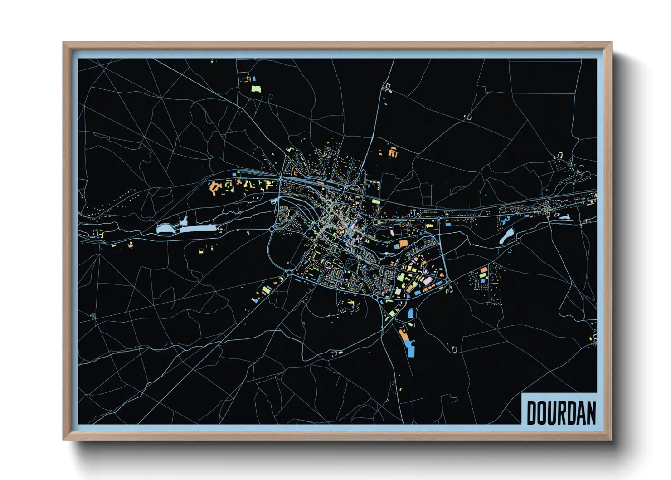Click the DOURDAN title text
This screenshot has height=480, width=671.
coord(561,412)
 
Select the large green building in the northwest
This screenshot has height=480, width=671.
coord(256,88)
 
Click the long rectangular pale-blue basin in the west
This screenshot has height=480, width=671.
coord(197,229)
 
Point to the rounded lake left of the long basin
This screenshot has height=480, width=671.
coord(165,229)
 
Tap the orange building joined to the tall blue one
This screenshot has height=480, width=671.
coord(403,335)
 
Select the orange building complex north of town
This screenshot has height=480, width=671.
coord(393,152)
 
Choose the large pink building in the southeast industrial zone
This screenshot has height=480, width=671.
coord(428,281)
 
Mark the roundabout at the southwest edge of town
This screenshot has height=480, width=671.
coord(289,273)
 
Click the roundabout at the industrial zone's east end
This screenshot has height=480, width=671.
coord(448,282)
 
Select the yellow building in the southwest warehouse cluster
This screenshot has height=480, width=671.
coord(264,289)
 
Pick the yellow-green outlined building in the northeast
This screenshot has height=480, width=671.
coord(560,155)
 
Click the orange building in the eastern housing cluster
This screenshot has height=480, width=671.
coord(484,270)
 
